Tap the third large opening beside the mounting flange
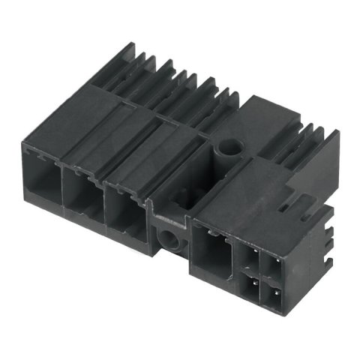[x=124, y=214]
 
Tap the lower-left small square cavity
[x=249, y=286]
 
